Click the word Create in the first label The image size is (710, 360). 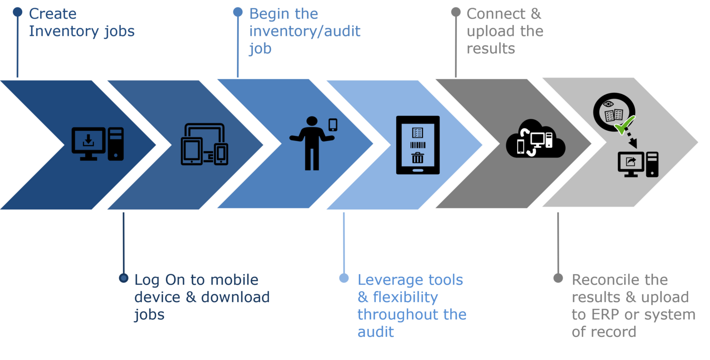(52, 14)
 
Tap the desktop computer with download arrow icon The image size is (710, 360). (97, 144)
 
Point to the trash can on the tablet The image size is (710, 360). (417, 158)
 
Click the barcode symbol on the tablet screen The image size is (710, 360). (417, 146)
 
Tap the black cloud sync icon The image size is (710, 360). (535, 139)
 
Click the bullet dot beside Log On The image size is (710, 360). (123, 278)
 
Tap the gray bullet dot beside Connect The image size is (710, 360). (456, 12)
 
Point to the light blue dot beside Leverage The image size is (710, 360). (343, 278)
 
